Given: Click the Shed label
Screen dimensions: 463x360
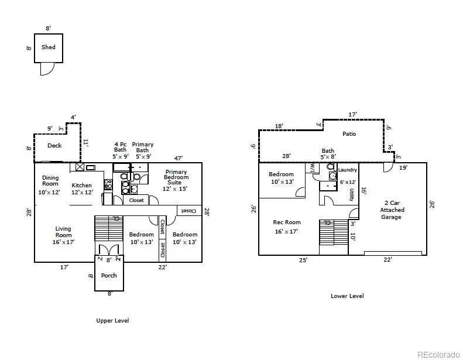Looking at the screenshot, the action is tap(49, 47).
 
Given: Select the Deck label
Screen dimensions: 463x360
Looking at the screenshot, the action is tap(54, 145).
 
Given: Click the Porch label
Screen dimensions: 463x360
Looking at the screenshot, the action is tap(109, 275).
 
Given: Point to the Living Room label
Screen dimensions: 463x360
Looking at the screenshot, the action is tap(63, 232).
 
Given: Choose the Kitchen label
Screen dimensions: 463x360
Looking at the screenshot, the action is tap(81, 185).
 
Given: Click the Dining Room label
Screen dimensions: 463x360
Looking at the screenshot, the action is tap(50, 180).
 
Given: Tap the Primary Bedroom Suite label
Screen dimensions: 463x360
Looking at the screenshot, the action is tap(176, 177).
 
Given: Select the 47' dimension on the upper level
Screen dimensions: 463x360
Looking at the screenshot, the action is tap(179, 158).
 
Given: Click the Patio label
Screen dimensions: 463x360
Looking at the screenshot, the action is tap(349, 134).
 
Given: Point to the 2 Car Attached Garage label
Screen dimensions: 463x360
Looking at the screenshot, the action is tap(392, 210).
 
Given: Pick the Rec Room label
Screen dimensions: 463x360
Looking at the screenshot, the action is tap(287, 222).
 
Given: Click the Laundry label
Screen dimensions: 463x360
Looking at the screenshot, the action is tap(348, 170).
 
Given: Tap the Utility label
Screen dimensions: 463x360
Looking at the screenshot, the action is tap(351, 194).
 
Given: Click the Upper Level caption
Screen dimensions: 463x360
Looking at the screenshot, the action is tap(112, 320).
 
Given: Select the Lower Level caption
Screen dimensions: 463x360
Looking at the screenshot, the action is tap(347, 296).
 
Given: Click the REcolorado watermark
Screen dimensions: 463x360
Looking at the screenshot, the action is tap(438, 354).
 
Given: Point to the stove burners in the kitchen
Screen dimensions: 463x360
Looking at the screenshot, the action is tap(108, 184).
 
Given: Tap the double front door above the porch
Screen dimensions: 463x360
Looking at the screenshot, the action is tap(109, 249).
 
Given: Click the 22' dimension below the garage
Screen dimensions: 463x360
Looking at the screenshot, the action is tap(387, 259).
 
